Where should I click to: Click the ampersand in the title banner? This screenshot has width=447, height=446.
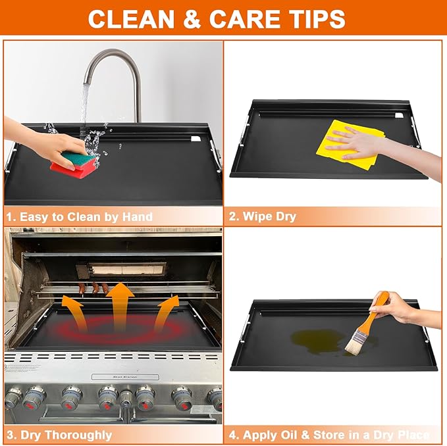192,19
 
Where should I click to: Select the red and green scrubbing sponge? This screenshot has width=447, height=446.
73,164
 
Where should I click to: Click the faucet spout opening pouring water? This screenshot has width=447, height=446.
87,82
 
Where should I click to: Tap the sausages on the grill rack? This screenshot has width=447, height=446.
94,288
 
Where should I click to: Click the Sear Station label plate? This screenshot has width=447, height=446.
125,377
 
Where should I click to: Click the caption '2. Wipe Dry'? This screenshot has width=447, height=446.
262,216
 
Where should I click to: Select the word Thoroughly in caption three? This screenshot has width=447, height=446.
78,435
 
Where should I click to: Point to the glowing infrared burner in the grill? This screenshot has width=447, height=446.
127,269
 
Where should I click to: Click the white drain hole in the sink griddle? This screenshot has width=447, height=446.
196,139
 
